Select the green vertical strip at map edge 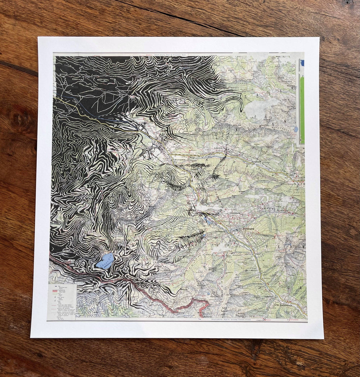pyautogui.click(x=302, y=110)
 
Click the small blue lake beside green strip pyautogui.click(x=296, y=129)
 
